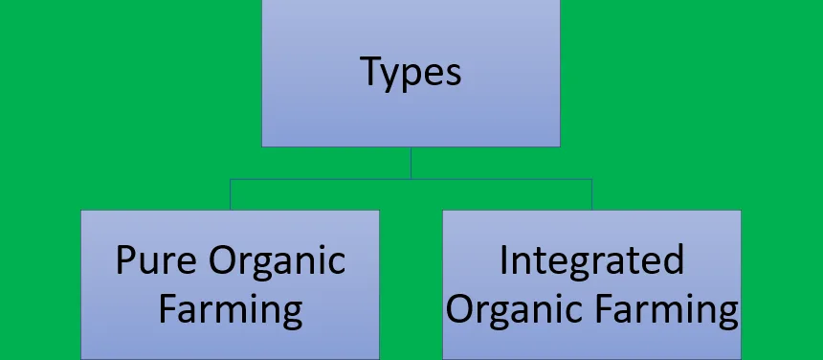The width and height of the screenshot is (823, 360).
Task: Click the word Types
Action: pyautogui.click(x=411, y=72)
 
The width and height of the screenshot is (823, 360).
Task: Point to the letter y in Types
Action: pyautogui.click(x=395, y=77)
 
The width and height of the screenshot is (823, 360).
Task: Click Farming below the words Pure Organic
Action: pyautogui.click(x=230, y=309)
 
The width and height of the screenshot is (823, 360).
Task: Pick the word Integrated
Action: pyautogui.click(x=591, y=260)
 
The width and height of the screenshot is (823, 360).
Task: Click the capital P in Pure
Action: pyautogui.click(x=125, y=260)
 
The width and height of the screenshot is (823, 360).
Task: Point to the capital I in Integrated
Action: pyautogui.click(x=504, y=259)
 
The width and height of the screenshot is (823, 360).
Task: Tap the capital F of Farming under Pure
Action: pyautogui.click(x=167, y=308)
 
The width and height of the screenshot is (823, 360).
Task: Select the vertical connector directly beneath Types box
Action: pyautogui.click(x=411, y=162)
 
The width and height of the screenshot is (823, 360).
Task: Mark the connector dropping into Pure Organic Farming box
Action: pyautogui.click(x=230, y=194)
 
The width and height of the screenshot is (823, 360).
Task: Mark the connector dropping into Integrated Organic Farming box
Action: pyautogui.click(x=591, y=194)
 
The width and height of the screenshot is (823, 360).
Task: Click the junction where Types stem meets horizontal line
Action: pyautogui.click(x=411, y=179)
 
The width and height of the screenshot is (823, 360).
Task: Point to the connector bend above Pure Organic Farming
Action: pyautogui.click(x=230, y=179)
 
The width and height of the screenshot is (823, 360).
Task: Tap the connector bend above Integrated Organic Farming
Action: pyautogui.click(x=591, y=179)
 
